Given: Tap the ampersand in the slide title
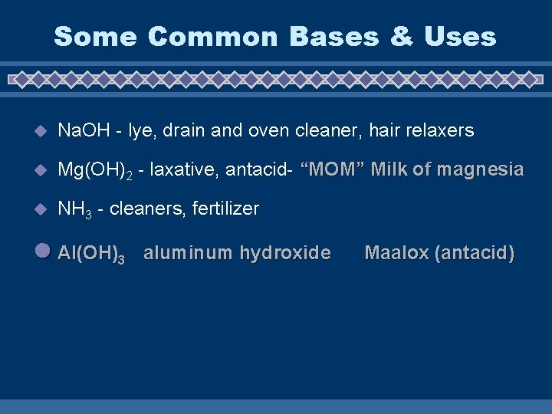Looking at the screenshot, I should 401,36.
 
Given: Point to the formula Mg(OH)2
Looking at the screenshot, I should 95,170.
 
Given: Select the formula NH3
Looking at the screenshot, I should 76,209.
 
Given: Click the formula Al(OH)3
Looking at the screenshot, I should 91,254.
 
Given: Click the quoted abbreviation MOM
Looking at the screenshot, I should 330,169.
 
